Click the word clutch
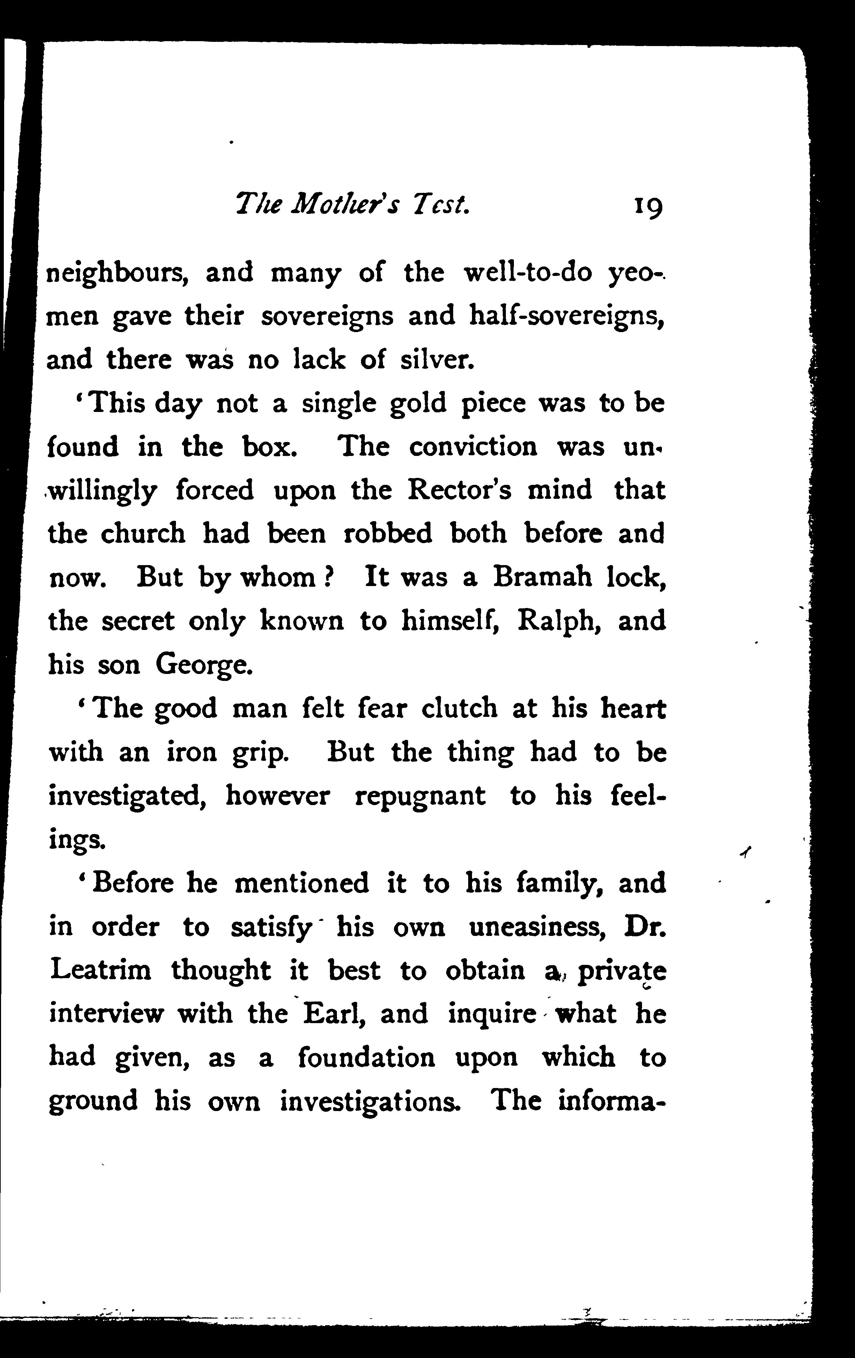[459, 708]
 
